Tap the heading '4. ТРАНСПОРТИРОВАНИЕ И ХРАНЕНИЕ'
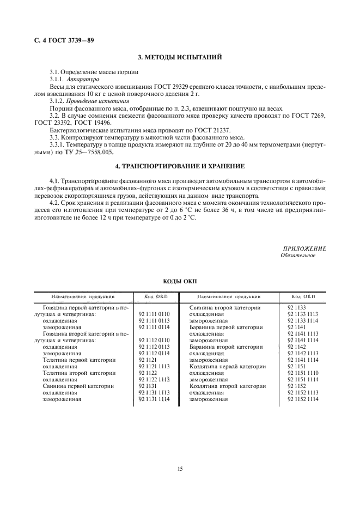179,166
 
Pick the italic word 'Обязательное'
298,255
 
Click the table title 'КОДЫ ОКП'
180,282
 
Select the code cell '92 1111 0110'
154,314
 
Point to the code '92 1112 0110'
154,340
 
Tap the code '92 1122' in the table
148,373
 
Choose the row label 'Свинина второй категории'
220,308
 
